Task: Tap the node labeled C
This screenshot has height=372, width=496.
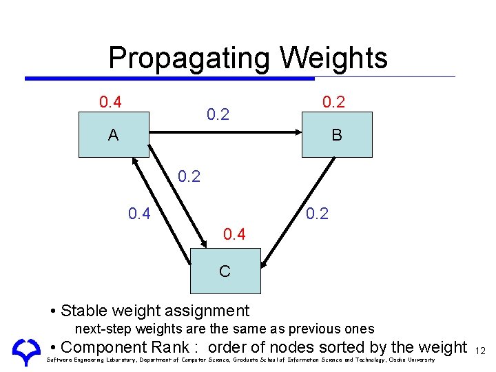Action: click(225, 271)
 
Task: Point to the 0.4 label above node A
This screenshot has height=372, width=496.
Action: click(110, 103)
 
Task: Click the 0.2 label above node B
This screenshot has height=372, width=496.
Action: click(333, 102)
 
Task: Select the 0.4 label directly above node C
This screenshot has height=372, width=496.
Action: click(234, 235)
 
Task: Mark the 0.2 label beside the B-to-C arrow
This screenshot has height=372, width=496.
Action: click(317, 214)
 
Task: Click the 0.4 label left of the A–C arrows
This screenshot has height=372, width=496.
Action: click(140, 214)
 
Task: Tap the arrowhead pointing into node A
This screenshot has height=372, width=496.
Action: click(134, 163)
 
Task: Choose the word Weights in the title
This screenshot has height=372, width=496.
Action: click(334, 59)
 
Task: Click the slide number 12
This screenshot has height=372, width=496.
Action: click(480, 351)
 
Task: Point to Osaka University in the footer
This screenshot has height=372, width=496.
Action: click(413, 360)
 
